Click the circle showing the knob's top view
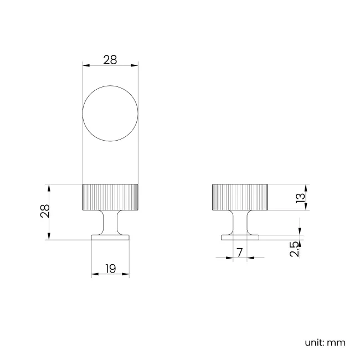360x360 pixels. click(110, 113)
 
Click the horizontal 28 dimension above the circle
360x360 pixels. click(110, 60)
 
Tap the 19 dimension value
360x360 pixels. click(110, 269)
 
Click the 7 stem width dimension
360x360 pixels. click(239, 253)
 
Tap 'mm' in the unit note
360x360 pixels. click(336, 342)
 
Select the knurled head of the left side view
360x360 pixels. click(110, 197)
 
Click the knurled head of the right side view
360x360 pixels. click(240, 197)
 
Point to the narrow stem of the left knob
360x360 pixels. click(110, 223)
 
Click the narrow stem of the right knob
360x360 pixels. click(240, 223)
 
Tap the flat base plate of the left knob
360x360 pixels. click(110, 237)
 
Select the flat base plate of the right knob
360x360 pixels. click(240, 237)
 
